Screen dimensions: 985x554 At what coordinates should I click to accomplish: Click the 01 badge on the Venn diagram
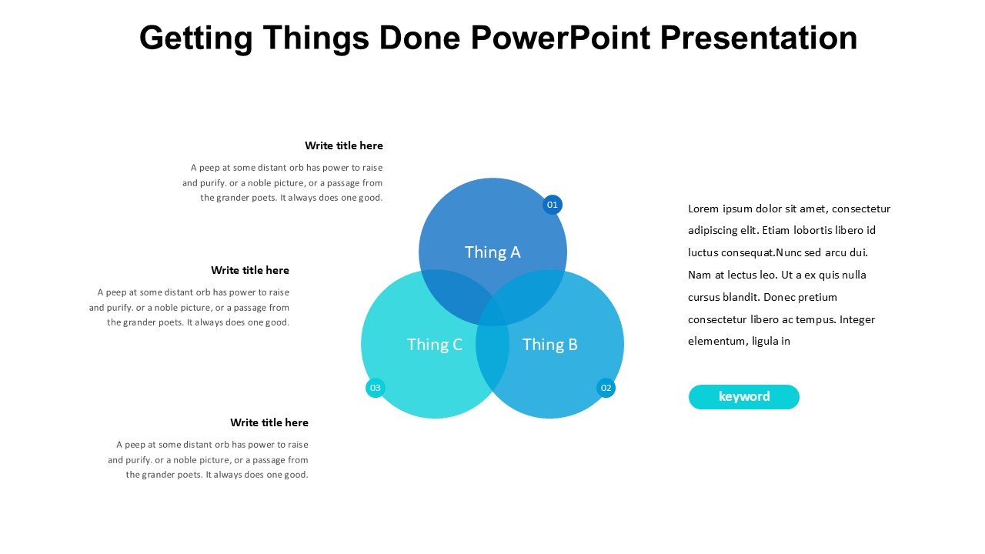point(553,205)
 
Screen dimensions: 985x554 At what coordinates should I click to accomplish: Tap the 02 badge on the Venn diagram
point(606,388)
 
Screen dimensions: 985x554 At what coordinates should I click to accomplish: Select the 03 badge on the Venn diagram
point(375,388)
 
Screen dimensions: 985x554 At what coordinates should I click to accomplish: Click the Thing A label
point(492,252)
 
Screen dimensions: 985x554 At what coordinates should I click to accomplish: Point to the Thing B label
point(549,344)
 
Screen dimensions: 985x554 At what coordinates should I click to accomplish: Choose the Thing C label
point(435,344)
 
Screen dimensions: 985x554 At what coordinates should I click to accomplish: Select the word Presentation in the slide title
point(759,38)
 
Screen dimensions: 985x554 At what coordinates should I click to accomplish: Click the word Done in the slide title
point(419,38)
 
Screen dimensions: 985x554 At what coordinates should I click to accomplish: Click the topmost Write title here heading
point(344,145)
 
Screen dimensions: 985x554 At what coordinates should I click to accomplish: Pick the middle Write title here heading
point(250,270)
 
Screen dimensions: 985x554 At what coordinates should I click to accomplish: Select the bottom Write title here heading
point(269,422)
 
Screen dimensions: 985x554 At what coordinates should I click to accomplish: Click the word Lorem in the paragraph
point(703,209)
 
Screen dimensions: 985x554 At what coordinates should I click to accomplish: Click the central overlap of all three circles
point(492,313)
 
